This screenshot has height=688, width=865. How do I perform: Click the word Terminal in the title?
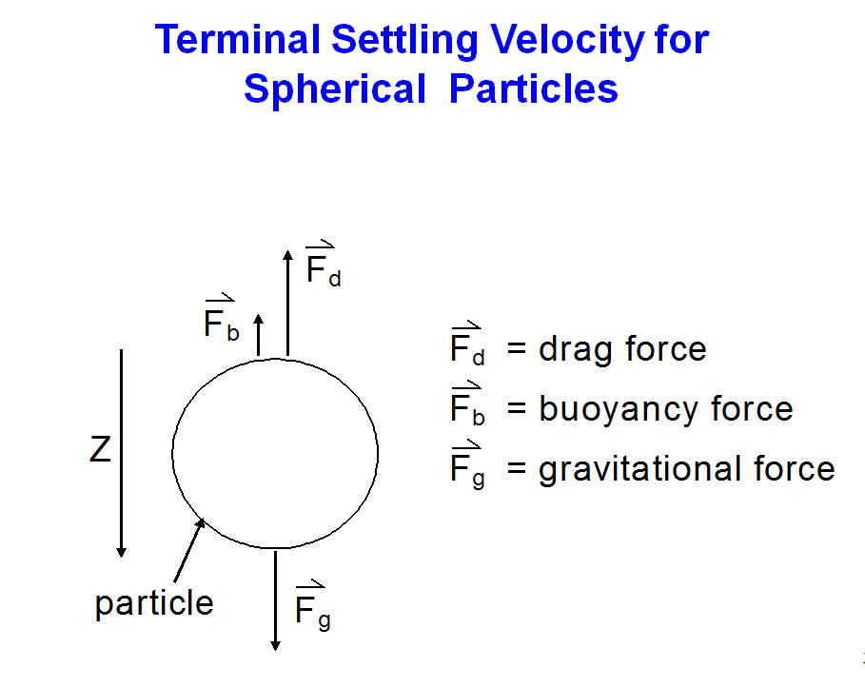[237, 40]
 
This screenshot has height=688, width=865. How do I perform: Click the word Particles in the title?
[534, 88]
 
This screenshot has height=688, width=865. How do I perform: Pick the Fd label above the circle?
[324, 264]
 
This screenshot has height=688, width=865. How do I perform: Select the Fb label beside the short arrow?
[221, 317]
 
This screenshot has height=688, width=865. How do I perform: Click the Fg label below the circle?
[312, 605]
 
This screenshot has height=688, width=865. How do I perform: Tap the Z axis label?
[101, 449]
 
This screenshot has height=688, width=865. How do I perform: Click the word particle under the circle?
[154, 603]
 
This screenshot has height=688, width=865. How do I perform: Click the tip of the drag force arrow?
[287, 250]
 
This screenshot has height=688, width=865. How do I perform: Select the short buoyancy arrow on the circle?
[258, 335]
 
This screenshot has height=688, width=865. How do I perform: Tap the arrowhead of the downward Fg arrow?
[275, 646]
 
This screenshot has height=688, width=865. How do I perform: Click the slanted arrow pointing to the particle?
[189, 550]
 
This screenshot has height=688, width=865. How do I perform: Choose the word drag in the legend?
[576, 350]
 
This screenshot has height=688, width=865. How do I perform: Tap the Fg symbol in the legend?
[467, 464]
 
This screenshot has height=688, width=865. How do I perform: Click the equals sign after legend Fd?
[517, 348]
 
